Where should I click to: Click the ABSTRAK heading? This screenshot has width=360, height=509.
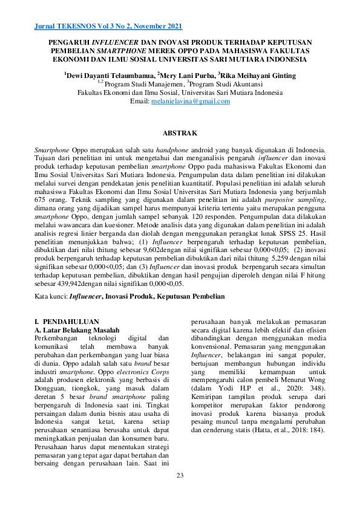(x=180, y=132)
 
